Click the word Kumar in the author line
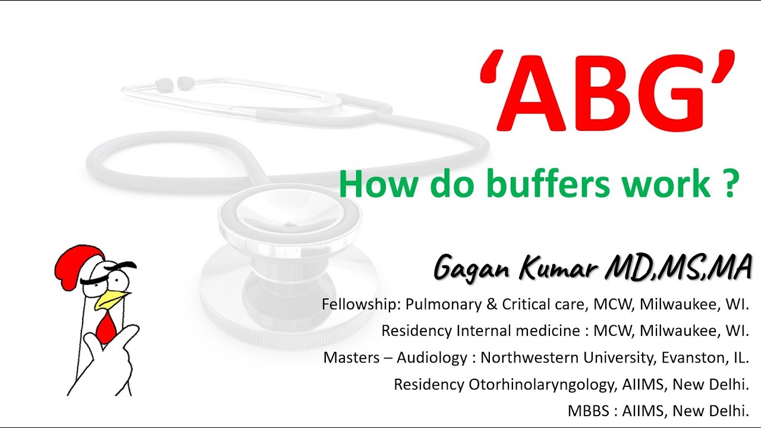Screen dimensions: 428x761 (561, 268)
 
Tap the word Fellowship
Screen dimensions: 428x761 (359, 304)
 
